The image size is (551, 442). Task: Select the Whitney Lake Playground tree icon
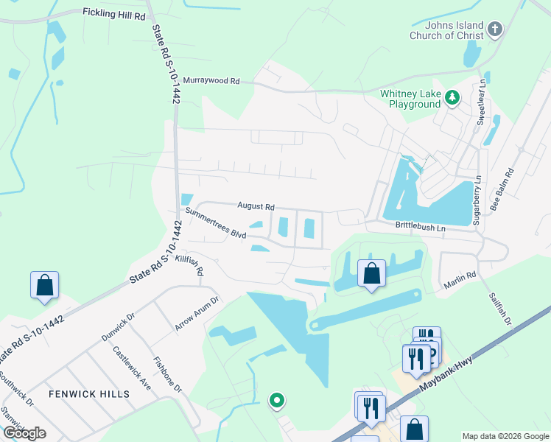tap(452, 97)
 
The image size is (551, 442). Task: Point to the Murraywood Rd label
tap(211, 80)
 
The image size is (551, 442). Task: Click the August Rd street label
tap(256, 207)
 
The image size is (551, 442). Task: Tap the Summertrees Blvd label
tap(215, 222)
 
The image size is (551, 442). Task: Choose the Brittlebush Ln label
tap(421, 228)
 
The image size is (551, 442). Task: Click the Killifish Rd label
tap(189, 265)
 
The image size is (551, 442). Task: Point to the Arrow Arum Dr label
tap(197, 315)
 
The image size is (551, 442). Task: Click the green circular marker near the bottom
tap(277, 401)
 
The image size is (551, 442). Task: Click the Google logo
tap(25, 433)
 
